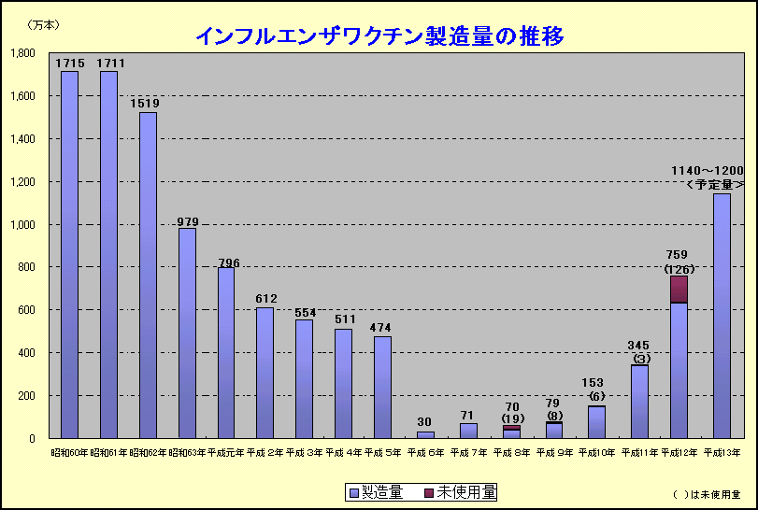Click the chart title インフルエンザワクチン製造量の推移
coord(379,35)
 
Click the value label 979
coord(188,221)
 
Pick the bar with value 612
coord(265,373)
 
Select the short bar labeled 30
coord(425,434)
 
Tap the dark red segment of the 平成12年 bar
coord(679,289)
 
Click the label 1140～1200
coord(708,170)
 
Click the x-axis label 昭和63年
coord(186,452)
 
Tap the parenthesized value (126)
coord(679,270)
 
